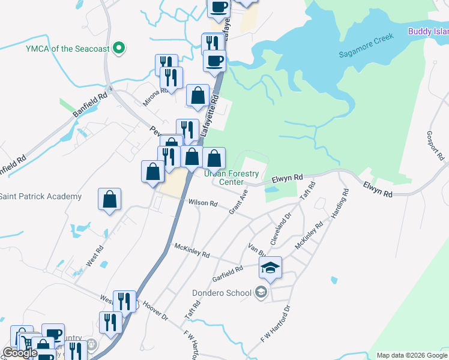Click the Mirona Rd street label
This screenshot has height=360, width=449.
click(x=155, y=97)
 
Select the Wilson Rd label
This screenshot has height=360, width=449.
click(x=203, y=203)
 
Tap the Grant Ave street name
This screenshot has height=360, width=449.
click(x=238, y=202)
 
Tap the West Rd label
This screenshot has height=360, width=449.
click(x=95, y=254)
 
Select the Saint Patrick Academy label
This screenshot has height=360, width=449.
click(x=40, y=197)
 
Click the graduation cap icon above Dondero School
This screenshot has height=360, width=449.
click(x=270, y=268)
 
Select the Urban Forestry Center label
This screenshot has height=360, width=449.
click(x=231, y=178)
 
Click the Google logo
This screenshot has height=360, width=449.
click(x=20, y=353)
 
